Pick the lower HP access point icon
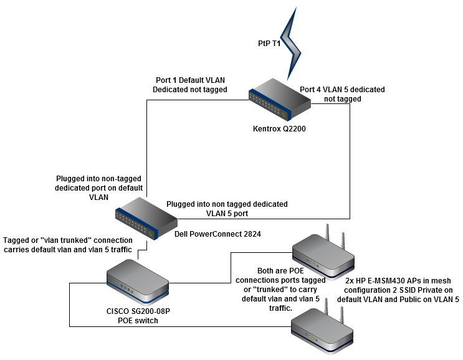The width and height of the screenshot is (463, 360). coord(324,331)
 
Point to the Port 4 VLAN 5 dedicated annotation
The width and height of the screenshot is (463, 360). coord(342,94)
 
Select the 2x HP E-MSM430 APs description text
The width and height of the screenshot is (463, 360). coord(398,290)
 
